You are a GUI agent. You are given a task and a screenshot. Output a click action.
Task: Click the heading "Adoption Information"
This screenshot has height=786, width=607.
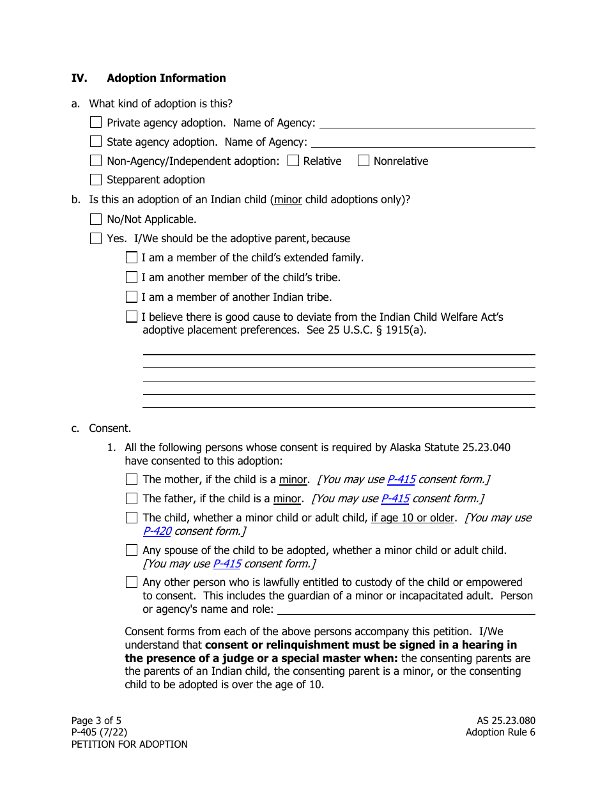[x=166, y=78]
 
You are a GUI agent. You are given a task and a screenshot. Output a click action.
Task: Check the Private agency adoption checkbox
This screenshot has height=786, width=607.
[x=96, y=122]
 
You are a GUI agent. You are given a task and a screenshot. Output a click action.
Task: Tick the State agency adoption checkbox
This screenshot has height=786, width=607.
[x=96, y=141]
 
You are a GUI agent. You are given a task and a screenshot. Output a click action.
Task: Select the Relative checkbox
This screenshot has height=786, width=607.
[x=293, y=160]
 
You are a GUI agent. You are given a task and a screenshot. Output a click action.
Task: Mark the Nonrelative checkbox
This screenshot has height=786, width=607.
[x=364, y=160]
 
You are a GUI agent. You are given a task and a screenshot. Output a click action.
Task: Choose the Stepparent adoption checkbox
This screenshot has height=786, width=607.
[x=96, y=180]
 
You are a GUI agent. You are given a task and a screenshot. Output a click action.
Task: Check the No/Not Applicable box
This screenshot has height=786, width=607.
[x=96, y=219]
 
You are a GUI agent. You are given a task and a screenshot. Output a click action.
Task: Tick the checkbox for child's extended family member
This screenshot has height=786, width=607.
[x=132, y=258]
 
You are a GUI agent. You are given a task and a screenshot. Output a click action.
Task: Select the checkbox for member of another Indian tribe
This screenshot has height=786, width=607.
[x=132, y=297]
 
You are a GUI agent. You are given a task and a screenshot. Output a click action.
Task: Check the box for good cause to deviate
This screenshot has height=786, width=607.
[x=132, y=316]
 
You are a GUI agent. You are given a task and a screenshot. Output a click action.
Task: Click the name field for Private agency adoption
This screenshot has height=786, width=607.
[x=427, y=122]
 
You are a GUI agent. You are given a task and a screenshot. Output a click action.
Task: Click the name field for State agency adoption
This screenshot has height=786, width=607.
[x=423, y=141]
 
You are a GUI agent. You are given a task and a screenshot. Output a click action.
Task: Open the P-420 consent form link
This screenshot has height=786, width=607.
[x=157, y=531]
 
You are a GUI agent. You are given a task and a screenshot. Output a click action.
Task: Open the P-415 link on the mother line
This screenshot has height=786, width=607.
[x=401, y=479]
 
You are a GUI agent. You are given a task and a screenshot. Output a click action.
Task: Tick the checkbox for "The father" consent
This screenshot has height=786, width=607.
[x=132, y=498]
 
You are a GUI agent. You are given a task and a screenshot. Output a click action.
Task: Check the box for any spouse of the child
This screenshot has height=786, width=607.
[x=132, y=550]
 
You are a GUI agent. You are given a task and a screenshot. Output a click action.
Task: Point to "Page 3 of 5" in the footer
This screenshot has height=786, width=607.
[x=96, y=721]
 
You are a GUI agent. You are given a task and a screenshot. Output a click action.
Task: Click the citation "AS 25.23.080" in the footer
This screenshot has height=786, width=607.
[x=501, y=721]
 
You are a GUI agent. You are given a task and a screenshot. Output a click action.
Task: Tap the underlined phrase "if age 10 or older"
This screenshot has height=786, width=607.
[x=413, y=518]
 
